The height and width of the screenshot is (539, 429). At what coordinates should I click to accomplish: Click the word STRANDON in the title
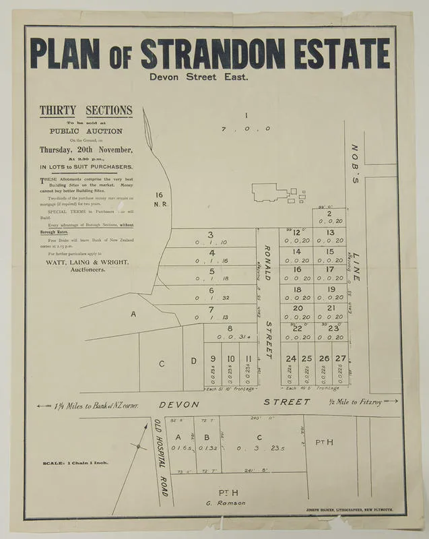[x=218, y=54]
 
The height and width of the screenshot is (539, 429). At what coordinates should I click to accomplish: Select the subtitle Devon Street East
[x=199, y=77]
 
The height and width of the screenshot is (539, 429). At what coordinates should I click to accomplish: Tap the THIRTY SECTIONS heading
[x=86, y=111]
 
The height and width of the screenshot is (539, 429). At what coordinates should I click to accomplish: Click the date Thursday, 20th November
[x=86, y=150]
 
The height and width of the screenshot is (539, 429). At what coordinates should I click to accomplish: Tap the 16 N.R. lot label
[x=160, y=199]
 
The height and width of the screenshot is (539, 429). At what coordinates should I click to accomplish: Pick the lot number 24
[x=290, y=358]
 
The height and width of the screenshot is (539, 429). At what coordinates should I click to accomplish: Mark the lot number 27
[x=341, y=358]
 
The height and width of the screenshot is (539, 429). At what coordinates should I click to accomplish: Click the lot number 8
[x=229, y=327]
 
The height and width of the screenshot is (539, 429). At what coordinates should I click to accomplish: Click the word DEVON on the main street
[x=179, y=404]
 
